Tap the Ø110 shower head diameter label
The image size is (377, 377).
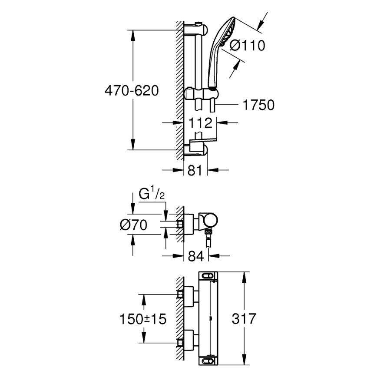point(247,45)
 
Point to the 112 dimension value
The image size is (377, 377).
point(200,123)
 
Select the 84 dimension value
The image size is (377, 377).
point(196,256)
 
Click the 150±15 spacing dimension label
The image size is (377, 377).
point(143,319)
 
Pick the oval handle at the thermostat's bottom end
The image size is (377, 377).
point(208,360)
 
